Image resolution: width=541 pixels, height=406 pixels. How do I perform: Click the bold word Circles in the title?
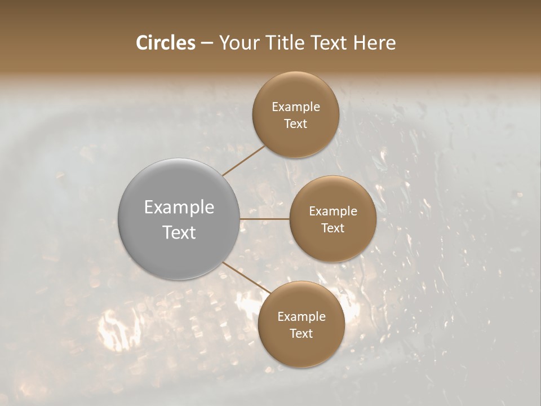tap(166, 43)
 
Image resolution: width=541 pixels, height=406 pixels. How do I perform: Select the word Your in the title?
tap(237, 43)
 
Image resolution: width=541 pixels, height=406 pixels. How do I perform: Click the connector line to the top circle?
tap(243, 161)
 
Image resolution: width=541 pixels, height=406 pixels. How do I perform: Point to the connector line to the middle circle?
tap(265, 219)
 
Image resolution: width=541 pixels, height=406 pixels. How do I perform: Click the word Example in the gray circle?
tap(179, 208)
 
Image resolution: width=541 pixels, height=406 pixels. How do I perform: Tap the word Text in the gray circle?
tap(179, 232)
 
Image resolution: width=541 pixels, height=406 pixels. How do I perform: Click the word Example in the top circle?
tap(295, 107)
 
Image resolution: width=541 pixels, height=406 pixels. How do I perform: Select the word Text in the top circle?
tap(295, 123)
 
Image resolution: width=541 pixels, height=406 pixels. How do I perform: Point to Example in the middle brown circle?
tap(332, 211)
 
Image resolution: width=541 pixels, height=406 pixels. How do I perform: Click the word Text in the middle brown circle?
tap(332, 228)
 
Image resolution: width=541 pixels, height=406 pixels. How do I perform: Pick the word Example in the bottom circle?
tap(301, 317)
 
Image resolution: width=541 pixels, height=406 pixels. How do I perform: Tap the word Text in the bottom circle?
tap(301, 333)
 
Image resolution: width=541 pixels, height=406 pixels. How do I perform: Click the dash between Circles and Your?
tap(206, 43)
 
